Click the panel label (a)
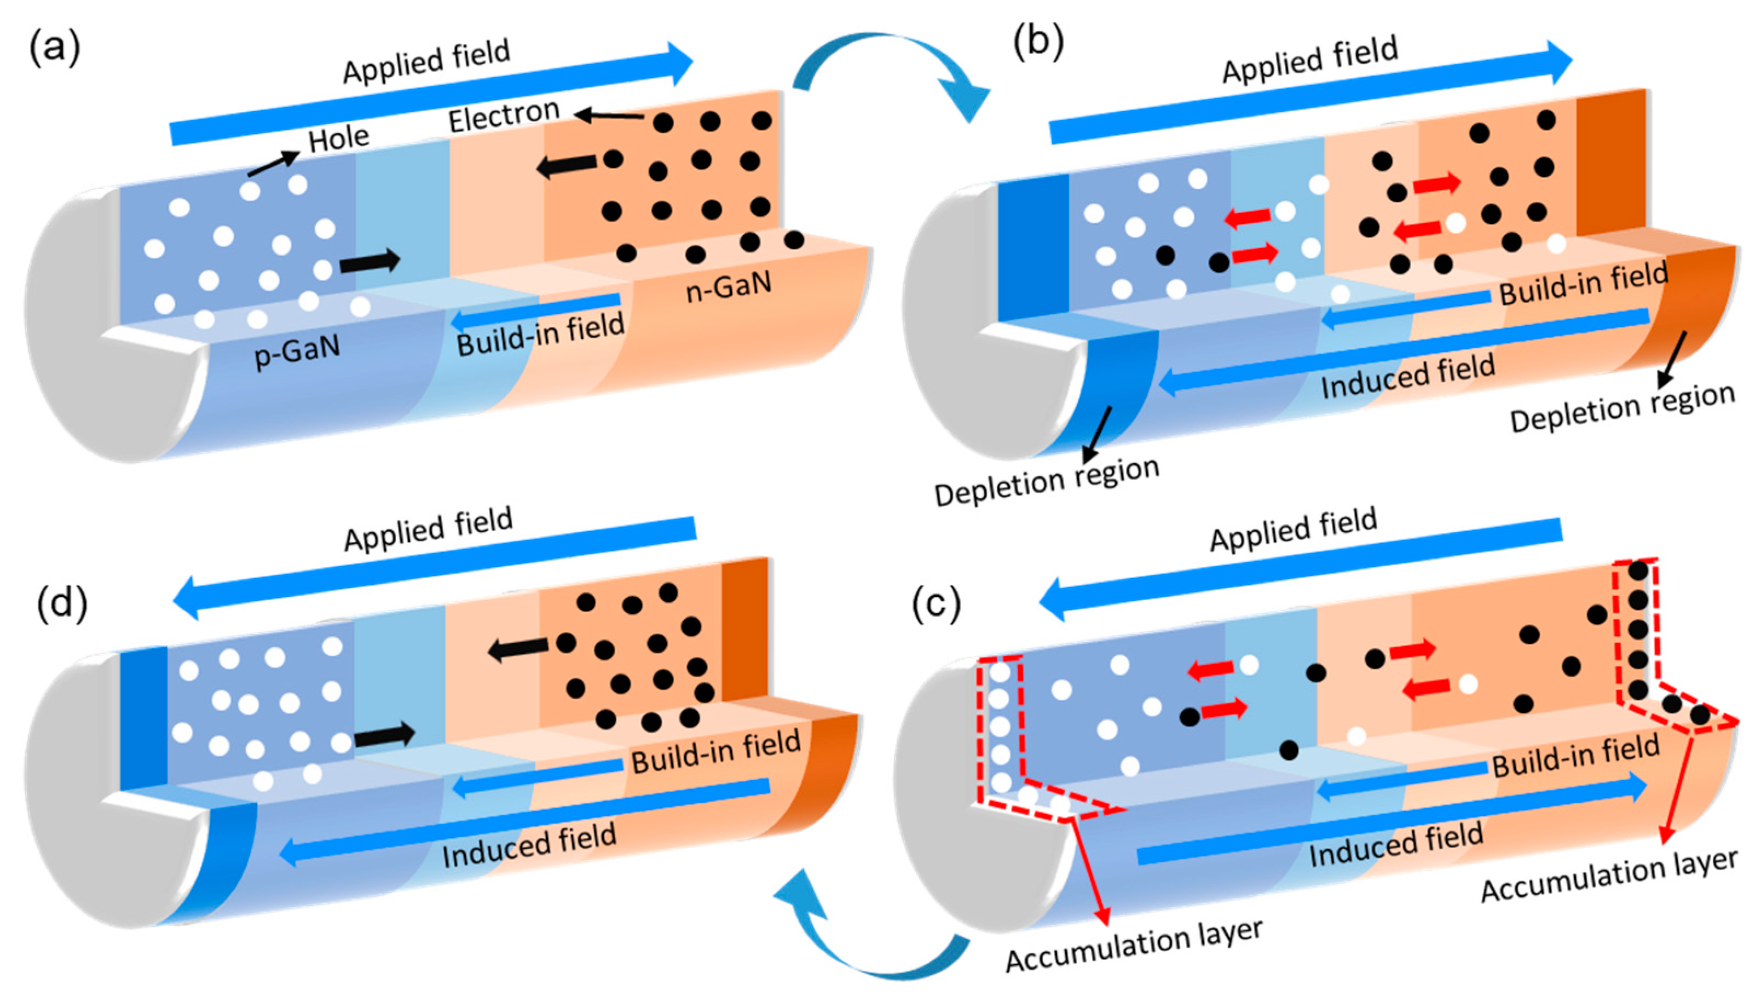tap(54, 49)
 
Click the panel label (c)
tap(936, 604)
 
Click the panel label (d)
tap(61, 604)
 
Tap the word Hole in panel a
tap(338, 139)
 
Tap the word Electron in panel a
tap(504, 116)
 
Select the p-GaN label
tap(297, 352)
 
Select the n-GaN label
tap(729, 286)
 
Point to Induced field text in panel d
tap(529, 845)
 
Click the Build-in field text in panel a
tap(540, 334)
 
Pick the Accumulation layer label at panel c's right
tap(1608, 876)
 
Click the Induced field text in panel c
tap(1396, 845)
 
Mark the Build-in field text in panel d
tap(715, 751)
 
